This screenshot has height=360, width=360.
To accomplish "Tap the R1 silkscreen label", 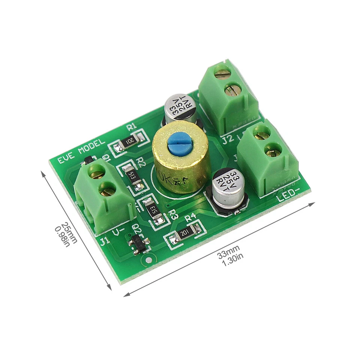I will (132, 127).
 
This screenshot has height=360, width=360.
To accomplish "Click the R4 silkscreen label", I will (190, 217).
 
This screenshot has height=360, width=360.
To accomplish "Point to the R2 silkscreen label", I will (141, 162).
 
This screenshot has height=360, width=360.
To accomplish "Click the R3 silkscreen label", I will (173, 214).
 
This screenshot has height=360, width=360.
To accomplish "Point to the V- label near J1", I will (120, 233).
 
